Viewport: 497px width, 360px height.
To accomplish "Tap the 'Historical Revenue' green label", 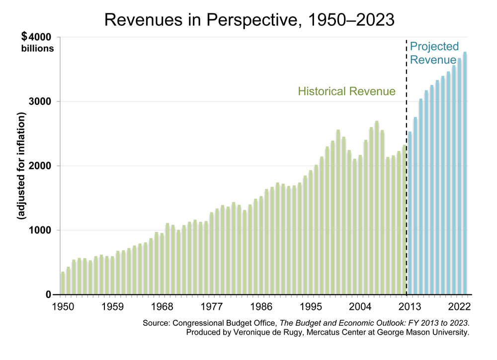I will (346, 91).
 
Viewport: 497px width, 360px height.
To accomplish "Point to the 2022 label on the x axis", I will (460, 306).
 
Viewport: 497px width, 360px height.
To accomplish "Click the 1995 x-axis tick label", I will (311, 306).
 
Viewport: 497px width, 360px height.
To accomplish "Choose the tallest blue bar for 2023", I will (465, 174).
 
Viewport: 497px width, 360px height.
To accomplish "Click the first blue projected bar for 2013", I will (410, 214).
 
